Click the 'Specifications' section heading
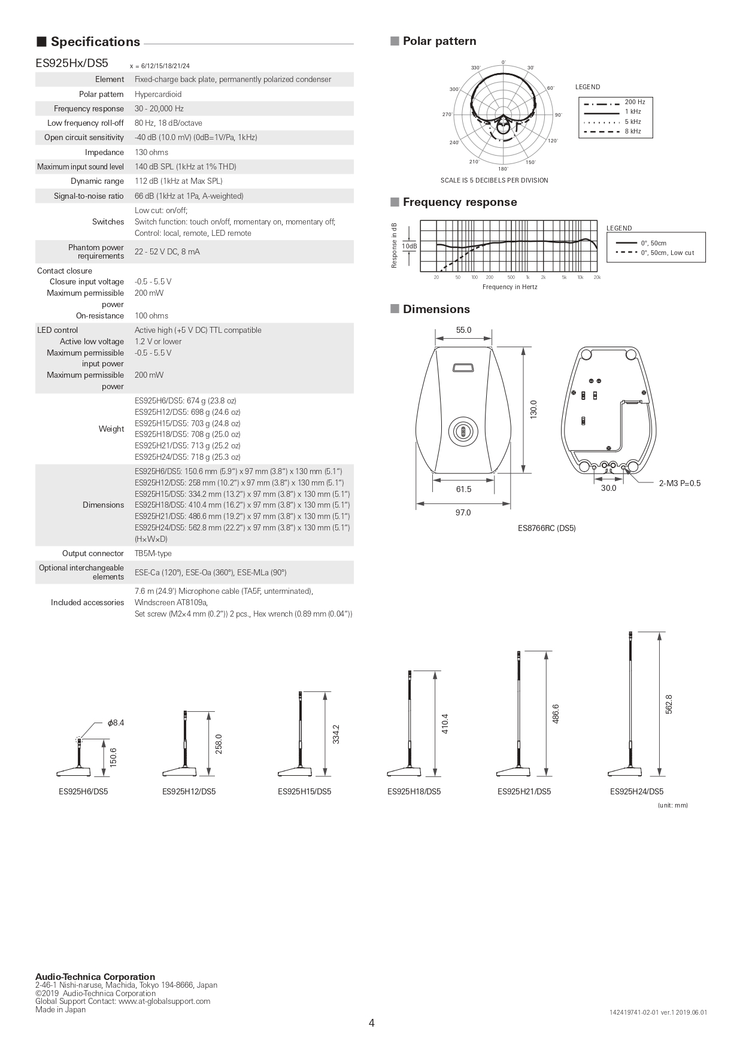pos(95,42)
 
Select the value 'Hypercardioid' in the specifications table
pos(158,94)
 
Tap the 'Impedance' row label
pos(104,152)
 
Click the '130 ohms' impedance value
pos(151,152)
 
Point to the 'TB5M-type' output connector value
pos(153,553)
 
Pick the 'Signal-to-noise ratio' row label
pos(89,196)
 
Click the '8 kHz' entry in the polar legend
pos(632,131)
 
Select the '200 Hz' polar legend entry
pos(635,102)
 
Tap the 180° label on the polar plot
pos(503,169)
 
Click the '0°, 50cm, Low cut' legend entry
pos(667,253)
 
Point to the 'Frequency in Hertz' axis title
pos(510,287)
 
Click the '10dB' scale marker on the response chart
pos(410,246)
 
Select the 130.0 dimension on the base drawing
pos(533,409)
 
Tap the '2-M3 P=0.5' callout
pos(680,483)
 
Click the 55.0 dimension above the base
pos(463,330)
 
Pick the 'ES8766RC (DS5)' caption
pos(547,528)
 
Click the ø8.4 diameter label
pos(116,723)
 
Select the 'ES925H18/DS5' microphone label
pos(414,791)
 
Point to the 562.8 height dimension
pos(669,704)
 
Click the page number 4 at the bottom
pos(372,1023)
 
